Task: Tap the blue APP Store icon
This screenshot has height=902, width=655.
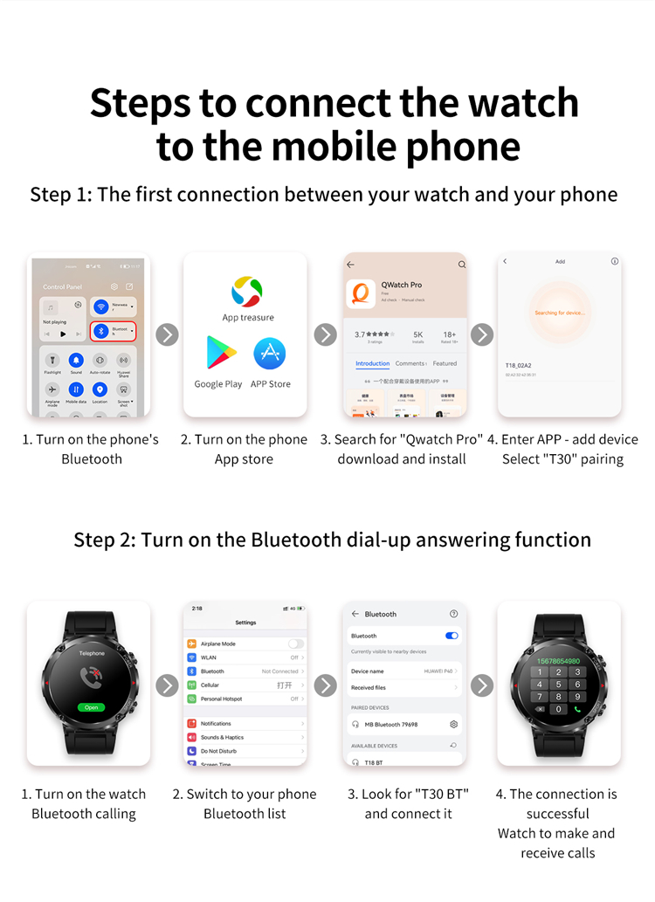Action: pos(270,353)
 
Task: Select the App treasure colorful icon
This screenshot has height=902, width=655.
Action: pos(247,292)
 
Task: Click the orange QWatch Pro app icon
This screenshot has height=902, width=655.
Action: pos(361,293)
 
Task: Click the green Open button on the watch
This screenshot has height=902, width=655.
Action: pos(91,707)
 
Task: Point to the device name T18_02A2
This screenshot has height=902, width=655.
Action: pos(519,365)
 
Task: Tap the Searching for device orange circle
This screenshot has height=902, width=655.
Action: pos(559,312)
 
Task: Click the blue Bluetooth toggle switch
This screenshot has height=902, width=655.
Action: pos(452,636)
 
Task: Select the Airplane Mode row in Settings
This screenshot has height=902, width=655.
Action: pos(245,644)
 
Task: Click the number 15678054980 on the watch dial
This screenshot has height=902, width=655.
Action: pos(559,661)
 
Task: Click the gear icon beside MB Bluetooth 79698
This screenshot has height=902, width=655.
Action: pos(453,724)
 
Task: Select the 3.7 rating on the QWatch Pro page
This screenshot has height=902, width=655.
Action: pos(361,334)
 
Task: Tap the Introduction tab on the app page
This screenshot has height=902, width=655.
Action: pos(372,363)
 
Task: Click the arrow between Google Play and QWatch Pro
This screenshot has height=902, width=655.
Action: pos(325,334)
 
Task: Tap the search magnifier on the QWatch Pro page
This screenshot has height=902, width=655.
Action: pos(462,265)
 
